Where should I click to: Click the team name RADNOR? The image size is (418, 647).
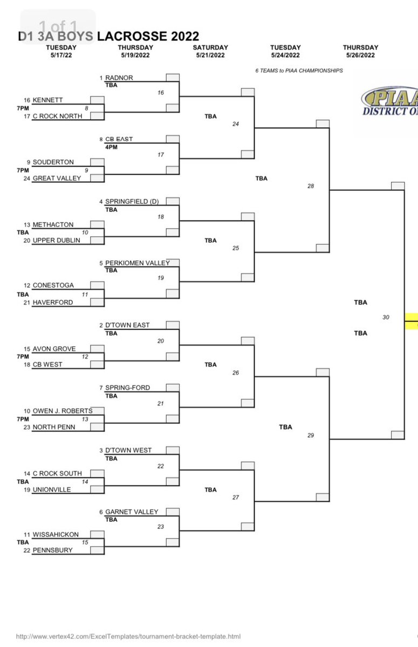click(119, 78)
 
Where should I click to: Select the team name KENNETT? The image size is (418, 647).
click(47, 100)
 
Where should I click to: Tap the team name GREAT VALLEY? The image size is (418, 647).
click(57, 178)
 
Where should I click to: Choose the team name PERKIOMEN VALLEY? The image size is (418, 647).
click(137, 263)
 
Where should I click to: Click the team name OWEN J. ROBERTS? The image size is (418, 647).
click(62, 411)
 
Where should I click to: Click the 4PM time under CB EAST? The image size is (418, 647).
click(111, 147)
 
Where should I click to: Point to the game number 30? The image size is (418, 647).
click(386, 318)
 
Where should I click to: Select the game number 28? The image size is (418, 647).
click(310, 186)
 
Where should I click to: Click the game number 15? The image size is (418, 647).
click(85, 542)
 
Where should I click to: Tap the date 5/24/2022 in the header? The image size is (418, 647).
click(285, 55)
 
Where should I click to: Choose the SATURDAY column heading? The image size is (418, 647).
click(210, 47)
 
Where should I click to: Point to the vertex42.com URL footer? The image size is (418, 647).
click(128, 637)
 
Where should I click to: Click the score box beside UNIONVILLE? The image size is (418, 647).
click(97, 490)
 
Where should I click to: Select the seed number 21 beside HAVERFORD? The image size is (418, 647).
click(26, 302)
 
